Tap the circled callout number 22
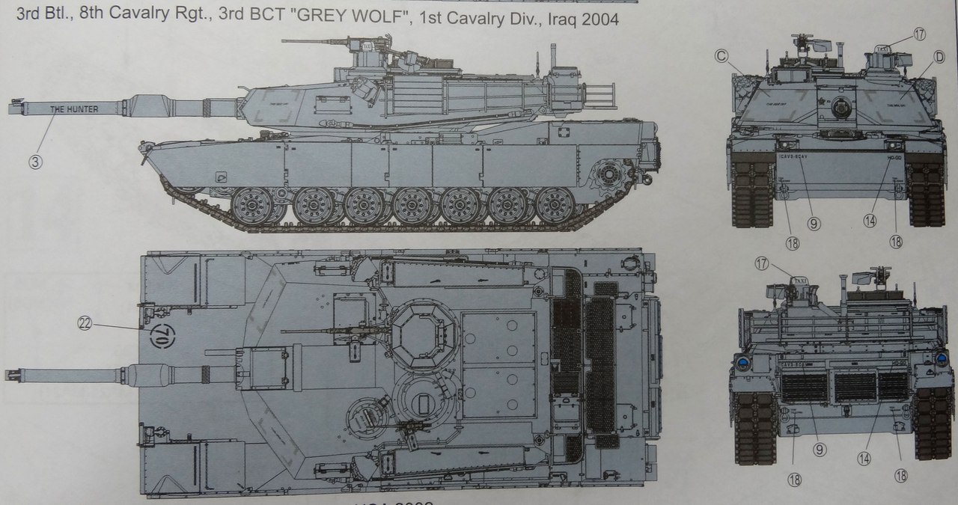pos(85,323)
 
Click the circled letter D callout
pos(939,55)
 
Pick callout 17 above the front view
pos(920,34)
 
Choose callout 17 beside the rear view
pos(761,263)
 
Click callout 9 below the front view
pos(814,223)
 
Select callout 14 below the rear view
pos(868,450)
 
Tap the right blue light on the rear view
pos(941,360)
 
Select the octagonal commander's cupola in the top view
pos(424,331)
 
